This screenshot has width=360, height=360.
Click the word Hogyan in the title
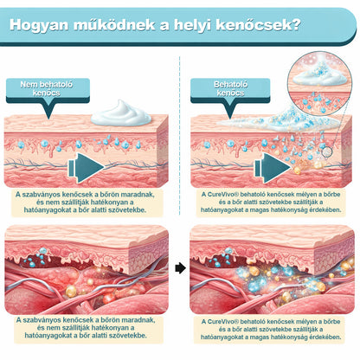click(x=39, y=25)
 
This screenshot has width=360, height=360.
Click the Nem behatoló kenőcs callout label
click(x=48, y=90)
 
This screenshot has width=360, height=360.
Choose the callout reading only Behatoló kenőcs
click(x=230, y=90)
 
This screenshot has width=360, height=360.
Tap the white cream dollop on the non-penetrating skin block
click(x=121, y=113)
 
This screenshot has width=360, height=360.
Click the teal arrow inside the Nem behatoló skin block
click(x=86, y=168)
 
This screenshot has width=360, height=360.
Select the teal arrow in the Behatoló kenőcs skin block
click(x=273, y=168)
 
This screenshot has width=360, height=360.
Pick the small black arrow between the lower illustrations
click(x=180, y=268)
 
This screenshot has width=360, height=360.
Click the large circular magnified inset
click(x=320, y=84)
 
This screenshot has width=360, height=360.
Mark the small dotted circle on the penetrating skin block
click(x=326, y=152)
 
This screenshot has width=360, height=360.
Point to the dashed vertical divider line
click(x=179, y=136)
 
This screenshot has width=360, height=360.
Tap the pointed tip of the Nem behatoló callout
click(x=48, y=119)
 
